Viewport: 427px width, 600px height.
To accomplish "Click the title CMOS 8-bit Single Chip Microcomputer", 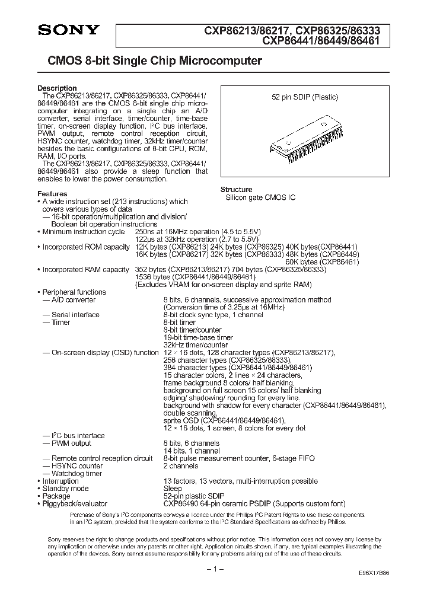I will [x=150, y=61].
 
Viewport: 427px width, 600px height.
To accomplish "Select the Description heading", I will [x=57, y=88].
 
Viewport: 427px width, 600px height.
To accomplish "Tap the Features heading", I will [x=52, y=194].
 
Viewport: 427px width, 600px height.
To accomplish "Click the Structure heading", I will [x=236, y=189].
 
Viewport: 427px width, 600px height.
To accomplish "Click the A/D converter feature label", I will [x=69, y=300].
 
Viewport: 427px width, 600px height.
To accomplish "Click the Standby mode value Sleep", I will [x=172, y=489].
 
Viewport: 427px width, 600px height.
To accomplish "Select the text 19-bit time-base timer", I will [x=198, y=337].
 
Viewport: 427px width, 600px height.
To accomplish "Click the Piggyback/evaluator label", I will [x=75, y=503].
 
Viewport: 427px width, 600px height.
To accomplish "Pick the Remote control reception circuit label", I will [x=101, y=458].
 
